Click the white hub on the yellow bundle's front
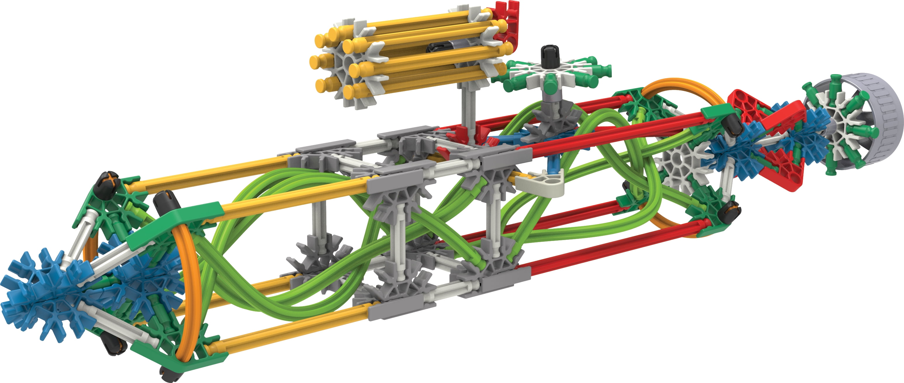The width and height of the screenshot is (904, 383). pos(346,67)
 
